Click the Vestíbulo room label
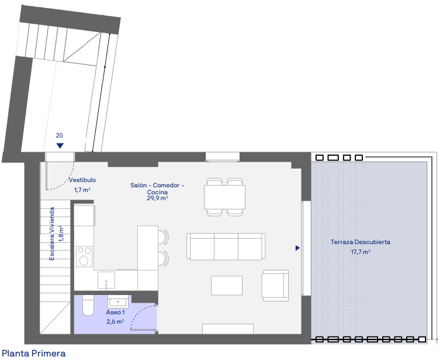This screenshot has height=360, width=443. (x=82, y=180)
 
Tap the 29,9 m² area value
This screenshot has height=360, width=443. (x=157, y=198)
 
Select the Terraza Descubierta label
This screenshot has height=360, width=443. (x=361, y=242)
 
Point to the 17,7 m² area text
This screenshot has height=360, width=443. (x=361, y=252)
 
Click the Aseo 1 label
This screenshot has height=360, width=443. (x=115, y=312)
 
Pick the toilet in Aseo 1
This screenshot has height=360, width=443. (x=88, y=306)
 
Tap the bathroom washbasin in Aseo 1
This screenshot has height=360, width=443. (x=118, y=301)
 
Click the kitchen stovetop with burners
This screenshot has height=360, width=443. (x=84, y=256)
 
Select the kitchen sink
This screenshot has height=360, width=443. (x=106, y=280)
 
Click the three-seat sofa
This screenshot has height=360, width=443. (x=226, y=246)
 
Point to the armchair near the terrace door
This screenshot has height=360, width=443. (x=275, y=286)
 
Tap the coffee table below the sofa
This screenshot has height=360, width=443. (x=227, y=286)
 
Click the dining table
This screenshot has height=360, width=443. (x=224, y=197)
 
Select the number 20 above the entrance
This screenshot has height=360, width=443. (x=60, y=136)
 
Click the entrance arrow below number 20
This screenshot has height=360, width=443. (x=60, y=146)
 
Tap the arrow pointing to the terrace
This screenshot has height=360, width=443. (x=297, y=248)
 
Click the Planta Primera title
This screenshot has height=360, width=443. (x=34, y=354)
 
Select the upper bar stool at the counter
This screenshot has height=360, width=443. (x=163, y=237)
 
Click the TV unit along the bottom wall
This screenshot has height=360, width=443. (x=228, y=329)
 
